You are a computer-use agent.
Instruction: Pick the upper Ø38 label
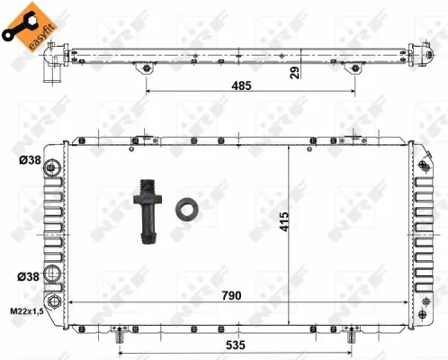pyautogui.click(x=29, y=162)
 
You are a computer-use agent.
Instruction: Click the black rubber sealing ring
pyautogui.click(x=187, y=208)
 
